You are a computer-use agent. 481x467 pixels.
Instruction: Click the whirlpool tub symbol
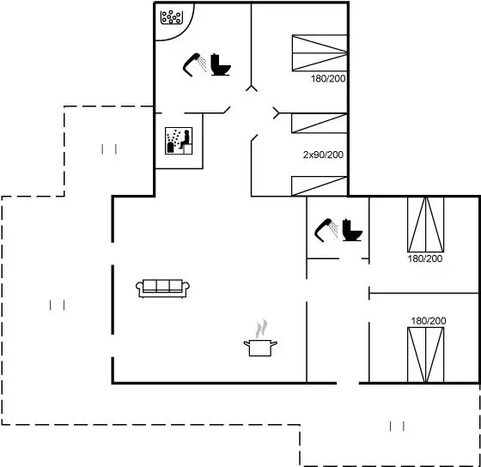(172, 17)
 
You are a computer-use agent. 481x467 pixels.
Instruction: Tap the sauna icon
(179, 141)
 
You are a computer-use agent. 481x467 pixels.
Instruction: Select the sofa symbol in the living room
(162, 288)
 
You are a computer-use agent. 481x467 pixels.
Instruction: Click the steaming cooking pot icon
(260, 337)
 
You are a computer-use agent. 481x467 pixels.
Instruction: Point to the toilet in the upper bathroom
(220, 64)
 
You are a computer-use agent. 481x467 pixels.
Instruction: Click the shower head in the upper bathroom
(194, 64)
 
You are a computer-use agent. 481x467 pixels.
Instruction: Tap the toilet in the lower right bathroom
(352, 230)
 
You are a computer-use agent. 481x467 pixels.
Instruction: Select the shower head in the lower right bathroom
(326, 230)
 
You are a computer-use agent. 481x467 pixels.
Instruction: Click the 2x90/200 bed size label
(323, 155)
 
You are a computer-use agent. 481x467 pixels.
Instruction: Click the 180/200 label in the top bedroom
(328, 79)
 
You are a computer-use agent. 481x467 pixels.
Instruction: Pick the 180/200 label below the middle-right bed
(425, 258)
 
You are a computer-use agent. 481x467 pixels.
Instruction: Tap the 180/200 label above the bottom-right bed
(429, 321)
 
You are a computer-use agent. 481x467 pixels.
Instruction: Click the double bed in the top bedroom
(320, 53)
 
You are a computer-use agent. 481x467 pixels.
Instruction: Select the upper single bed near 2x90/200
(320, 124)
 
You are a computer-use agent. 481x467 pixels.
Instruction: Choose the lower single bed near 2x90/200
(320, 186)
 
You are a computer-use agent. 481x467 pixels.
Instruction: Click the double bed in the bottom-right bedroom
(426, 355)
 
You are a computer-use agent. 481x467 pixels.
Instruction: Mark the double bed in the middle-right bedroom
(426, 225)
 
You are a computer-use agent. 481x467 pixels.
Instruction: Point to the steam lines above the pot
(261, 329)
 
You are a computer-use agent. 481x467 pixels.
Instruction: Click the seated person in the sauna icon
(185, 140)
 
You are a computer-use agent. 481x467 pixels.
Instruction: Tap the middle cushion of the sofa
(163, 286)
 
